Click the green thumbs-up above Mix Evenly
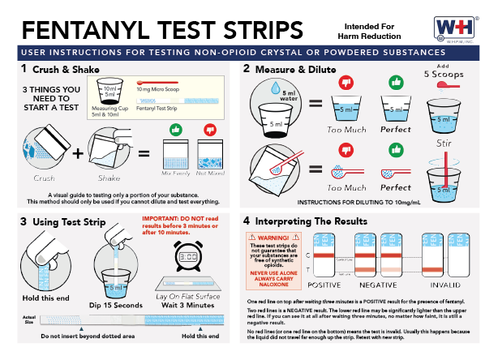click(177, 130)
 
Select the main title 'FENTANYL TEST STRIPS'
click(161, 29)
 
